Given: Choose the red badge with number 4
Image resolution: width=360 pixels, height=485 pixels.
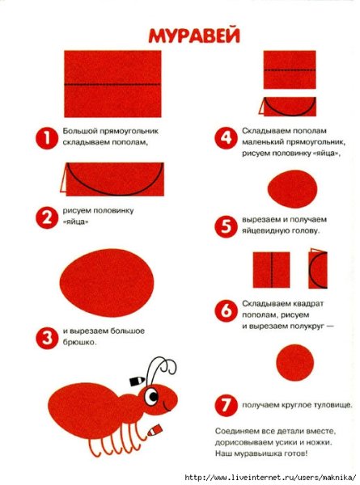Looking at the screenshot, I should click(x=224, y=137).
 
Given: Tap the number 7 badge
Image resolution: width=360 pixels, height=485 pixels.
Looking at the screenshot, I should click(x=224, y=402).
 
